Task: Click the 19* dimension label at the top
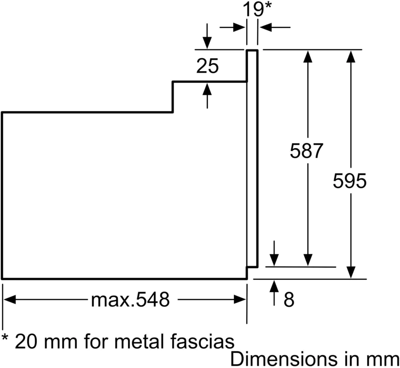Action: pyautogui.click(x=257, y=9)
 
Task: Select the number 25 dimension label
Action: pyautogui.click(x=207, y=66)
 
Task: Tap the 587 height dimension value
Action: pyautogui.click(x=306, y=151)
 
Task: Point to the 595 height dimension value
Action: pyautogui.click(x=350, y=181)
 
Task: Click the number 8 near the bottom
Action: pyautogui.click(x=289, y=299)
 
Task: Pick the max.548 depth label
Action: pyautogui.click(x=130, y=299)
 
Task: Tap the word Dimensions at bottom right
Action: pyautogui.click(x=286, y=359)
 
